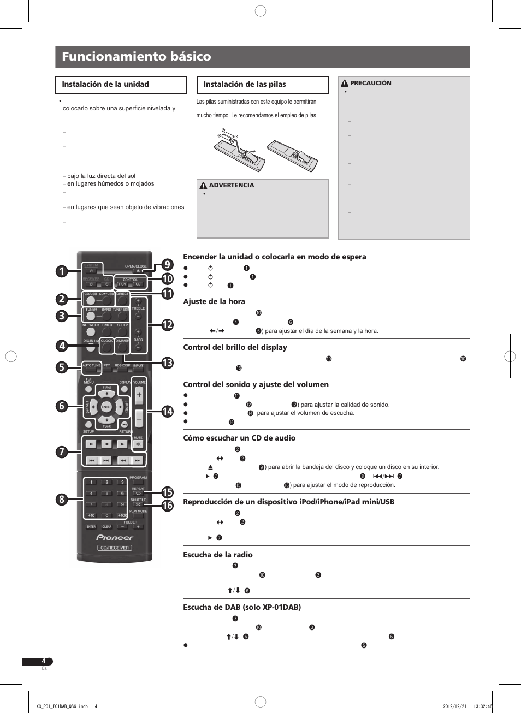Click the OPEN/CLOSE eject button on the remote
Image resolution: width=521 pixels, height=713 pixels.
pos(138,271)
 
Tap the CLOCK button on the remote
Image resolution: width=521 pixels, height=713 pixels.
pos(107,347)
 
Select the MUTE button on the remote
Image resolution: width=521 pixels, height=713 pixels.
pos(138,444)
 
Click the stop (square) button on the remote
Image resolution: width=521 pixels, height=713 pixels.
pos(106,444)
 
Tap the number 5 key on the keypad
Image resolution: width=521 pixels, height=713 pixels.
pos(107,494)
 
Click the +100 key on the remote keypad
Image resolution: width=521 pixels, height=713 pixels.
pos(122,515)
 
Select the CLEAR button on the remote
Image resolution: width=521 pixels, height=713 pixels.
pos(106,527)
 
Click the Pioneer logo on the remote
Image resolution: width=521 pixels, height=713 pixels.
pos(115,537)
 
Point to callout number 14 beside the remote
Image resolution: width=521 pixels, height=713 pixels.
pos(167,411)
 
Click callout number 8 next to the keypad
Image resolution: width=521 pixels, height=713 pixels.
pos(62,499)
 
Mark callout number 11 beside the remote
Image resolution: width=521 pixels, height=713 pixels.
pos(167,294)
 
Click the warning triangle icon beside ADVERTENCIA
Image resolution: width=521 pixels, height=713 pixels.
pos(203,186)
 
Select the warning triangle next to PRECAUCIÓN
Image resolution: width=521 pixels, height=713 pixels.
pos(345,84)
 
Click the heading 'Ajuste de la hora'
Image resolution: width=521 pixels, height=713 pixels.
pos(214,301)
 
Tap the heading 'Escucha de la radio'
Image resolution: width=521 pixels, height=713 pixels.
pos(218,555)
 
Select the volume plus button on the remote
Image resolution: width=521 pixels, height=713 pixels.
pos(139,395)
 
